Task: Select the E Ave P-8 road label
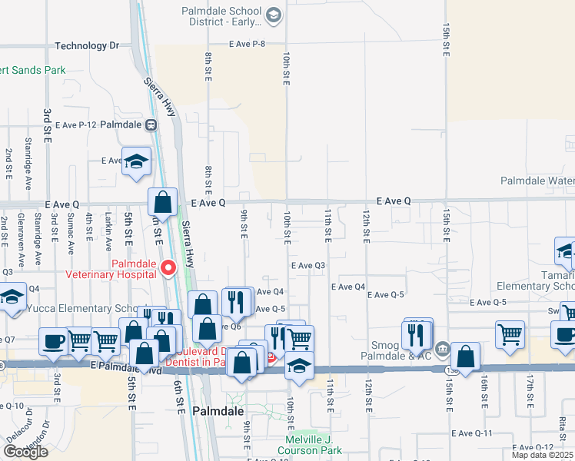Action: (246, 44)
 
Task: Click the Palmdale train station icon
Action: (152, 124)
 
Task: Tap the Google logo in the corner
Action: (25, 452)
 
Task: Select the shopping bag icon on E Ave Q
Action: (163, 204)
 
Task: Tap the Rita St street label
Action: (563, 423)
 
